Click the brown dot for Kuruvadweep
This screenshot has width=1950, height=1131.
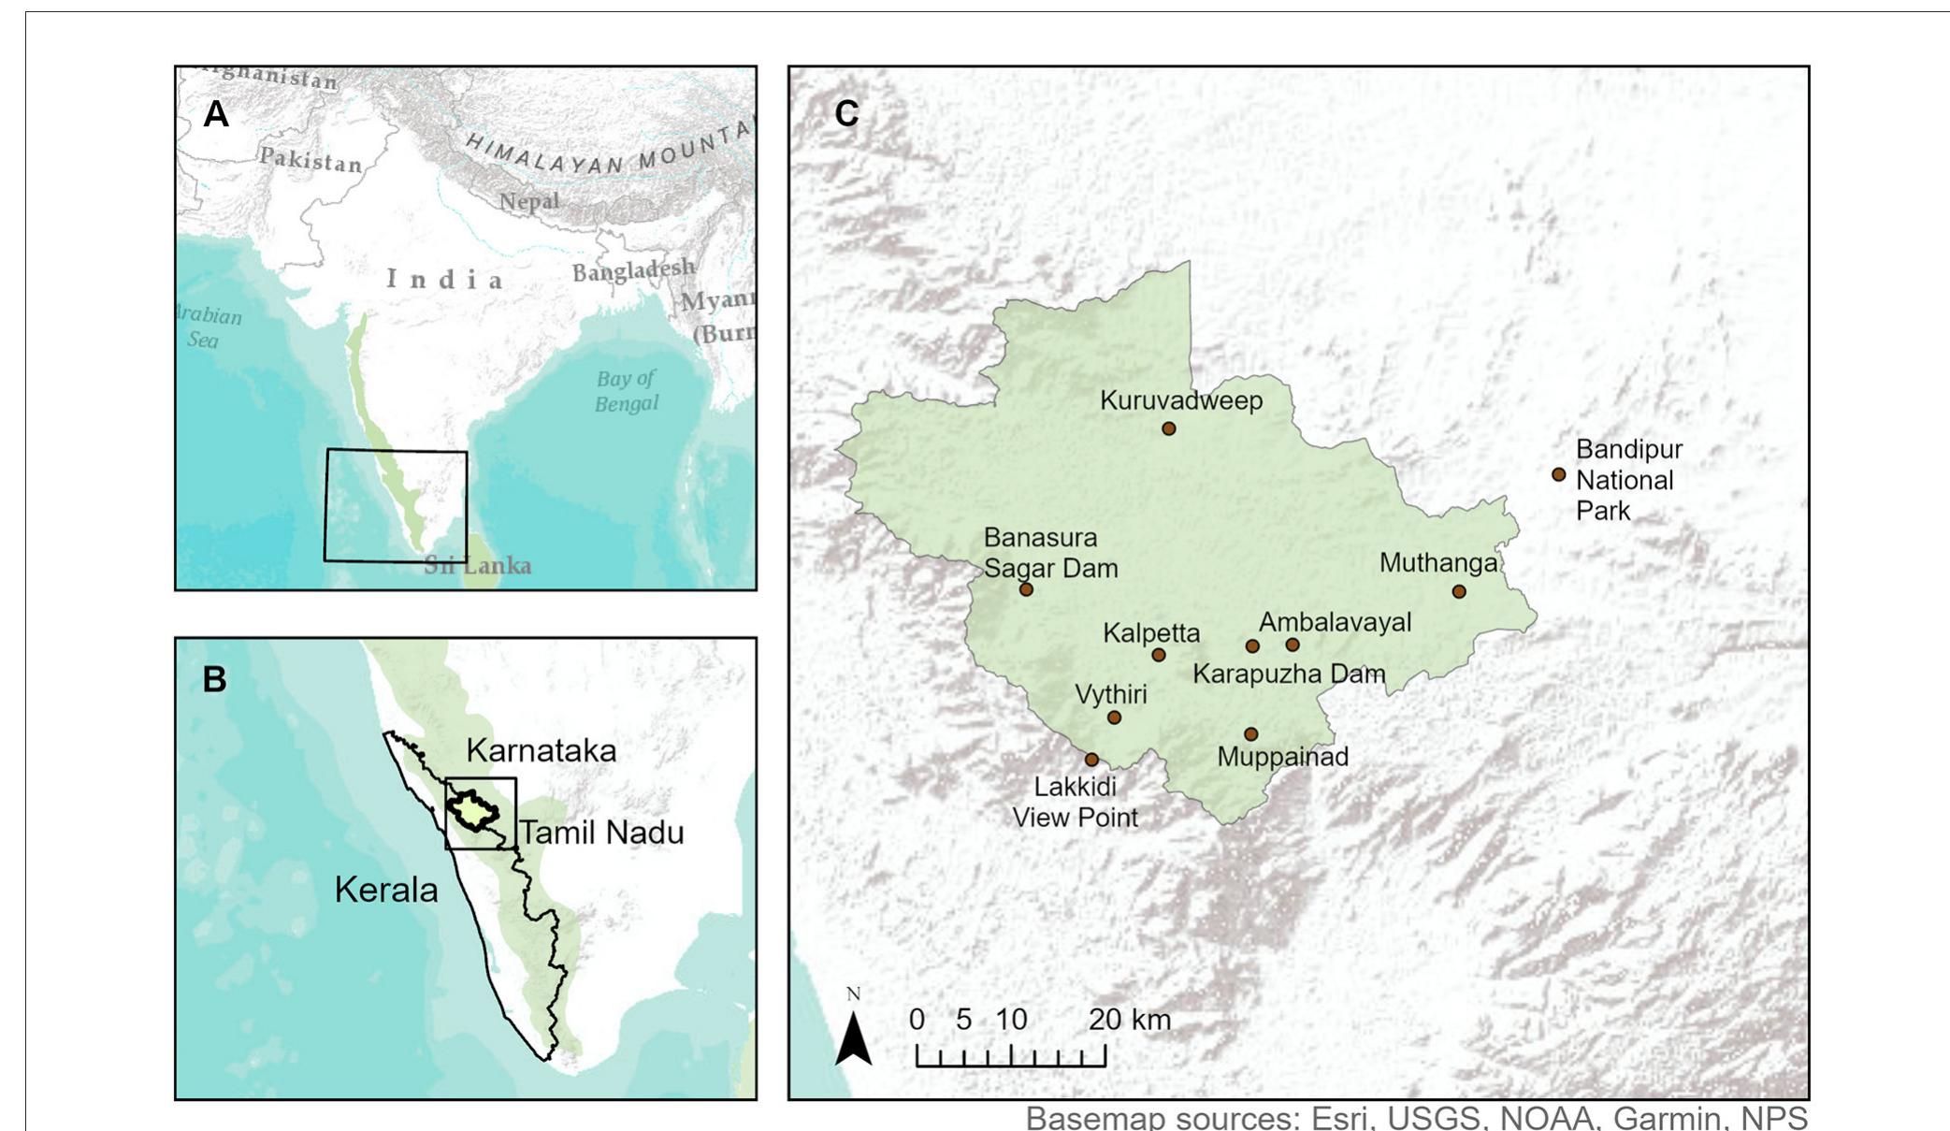coord(1168,428)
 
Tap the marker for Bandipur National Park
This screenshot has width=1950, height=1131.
coord(1558,474)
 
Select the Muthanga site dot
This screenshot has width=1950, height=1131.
coord(1458,591)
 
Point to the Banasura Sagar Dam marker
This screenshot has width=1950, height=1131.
coord(1026,589)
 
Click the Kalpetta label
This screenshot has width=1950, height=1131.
coord(1150,633)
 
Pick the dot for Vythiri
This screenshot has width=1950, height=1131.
coord(1114,718)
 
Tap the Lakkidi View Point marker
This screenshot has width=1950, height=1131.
coord(1091,760)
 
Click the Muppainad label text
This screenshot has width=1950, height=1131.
coord(1282,757)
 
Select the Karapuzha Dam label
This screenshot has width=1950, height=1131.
coord(1288,674)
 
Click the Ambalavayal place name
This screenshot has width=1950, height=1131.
coord(1335,622)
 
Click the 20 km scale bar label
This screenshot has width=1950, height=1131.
coord(1129,1020)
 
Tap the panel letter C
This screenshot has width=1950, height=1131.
coord(845,114)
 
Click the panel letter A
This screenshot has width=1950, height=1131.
coord(215,114)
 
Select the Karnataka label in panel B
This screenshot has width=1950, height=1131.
coord(541,750)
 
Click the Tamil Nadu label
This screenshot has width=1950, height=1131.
coord(600,832)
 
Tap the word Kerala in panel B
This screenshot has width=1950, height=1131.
coord(386,890)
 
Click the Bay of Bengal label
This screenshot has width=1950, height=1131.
coord(627,391)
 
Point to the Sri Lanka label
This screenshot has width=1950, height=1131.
coord(478,565)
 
